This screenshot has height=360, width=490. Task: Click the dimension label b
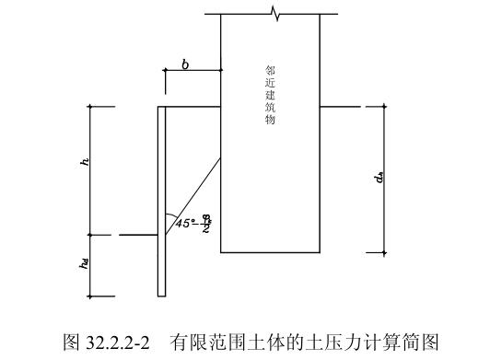[185, 64]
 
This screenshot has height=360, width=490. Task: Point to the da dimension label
[379, 178]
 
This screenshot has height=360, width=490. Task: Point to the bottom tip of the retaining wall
[161, 296]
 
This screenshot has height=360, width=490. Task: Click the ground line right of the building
[337, 107]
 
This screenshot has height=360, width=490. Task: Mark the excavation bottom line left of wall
[138, 236]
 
